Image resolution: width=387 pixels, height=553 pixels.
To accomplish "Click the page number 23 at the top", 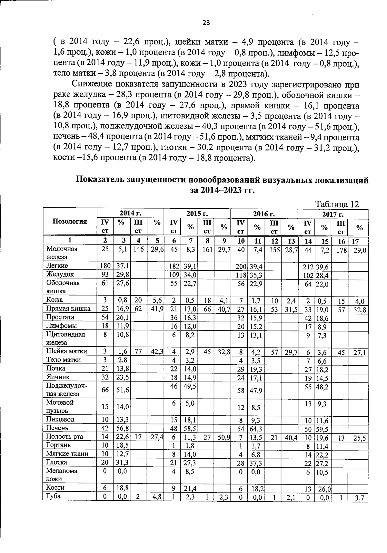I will coord(206,22).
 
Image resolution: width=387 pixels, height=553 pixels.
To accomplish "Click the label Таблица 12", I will coord(337,204).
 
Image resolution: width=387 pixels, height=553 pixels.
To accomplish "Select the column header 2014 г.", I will coord(130,213).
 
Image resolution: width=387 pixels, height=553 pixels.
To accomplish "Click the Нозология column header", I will coord(70,221).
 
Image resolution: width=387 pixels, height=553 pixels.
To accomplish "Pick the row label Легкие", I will coord(57,266).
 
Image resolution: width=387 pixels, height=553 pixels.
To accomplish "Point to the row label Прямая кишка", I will coord(68,308).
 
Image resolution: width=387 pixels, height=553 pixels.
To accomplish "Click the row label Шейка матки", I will coord(67,351).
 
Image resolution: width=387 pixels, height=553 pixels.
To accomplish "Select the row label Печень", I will coord(57,428).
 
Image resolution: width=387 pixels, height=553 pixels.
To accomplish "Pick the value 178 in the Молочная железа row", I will coord(341,250).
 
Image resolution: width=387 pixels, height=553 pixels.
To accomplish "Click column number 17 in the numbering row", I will coord(355,241).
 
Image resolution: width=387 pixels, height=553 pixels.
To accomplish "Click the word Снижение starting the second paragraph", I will coord(91,85).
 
